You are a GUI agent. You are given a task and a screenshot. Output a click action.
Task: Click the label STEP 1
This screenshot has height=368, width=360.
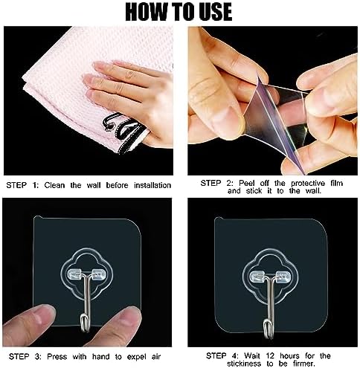(x=23, y=184)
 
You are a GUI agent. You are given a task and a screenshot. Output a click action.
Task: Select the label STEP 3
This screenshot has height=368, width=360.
(x=22, y=355)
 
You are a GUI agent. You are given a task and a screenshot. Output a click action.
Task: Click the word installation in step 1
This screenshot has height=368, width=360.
(x=147, y=184)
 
